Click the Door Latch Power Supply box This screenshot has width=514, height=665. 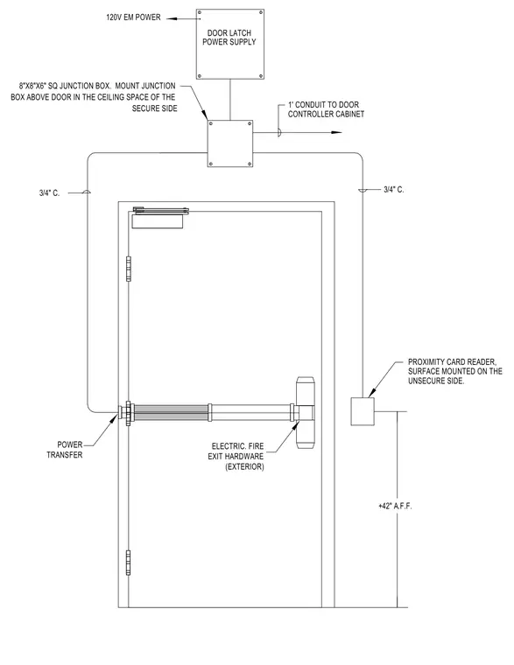tap(230, 44)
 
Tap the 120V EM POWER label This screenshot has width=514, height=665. tap(133, 17)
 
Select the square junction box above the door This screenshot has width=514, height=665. tap(230, 143)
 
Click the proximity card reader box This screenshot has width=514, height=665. tap(363, 411)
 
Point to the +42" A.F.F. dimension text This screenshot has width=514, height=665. tap(395, 506)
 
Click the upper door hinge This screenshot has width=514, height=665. tap(128, 269)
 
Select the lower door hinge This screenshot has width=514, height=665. tap(128, 563)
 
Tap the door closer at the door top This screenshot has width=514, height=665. tap(160, 218)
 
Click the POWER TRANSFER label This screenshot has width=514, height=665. tap(65, 450)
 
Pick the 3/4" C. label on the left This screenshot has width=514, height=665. tap(50, 193)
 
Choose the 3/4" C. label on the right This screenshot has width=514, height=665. tap(394, 190)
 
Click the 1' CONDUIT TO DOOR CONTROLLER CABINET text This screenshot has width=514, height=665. tap(326, 109)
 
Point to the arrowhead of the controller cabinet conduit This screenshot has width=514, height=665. tap(336, 132)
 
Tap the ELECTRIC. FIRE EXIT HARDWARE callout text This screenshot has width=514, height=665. tap(236, 457)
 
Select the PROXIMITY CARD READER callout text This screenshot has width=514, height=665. tap(455, 371)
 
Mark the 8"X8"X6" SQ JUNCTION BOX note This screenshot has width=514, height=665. tap(94, 97)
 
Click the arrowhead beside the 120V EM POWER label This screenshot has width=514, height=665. tap(173, 18)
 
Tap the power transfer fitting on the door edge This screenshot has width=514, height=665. tap(126, 412)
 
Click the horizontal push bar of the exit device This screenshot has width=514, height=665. tap(212, 413)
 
